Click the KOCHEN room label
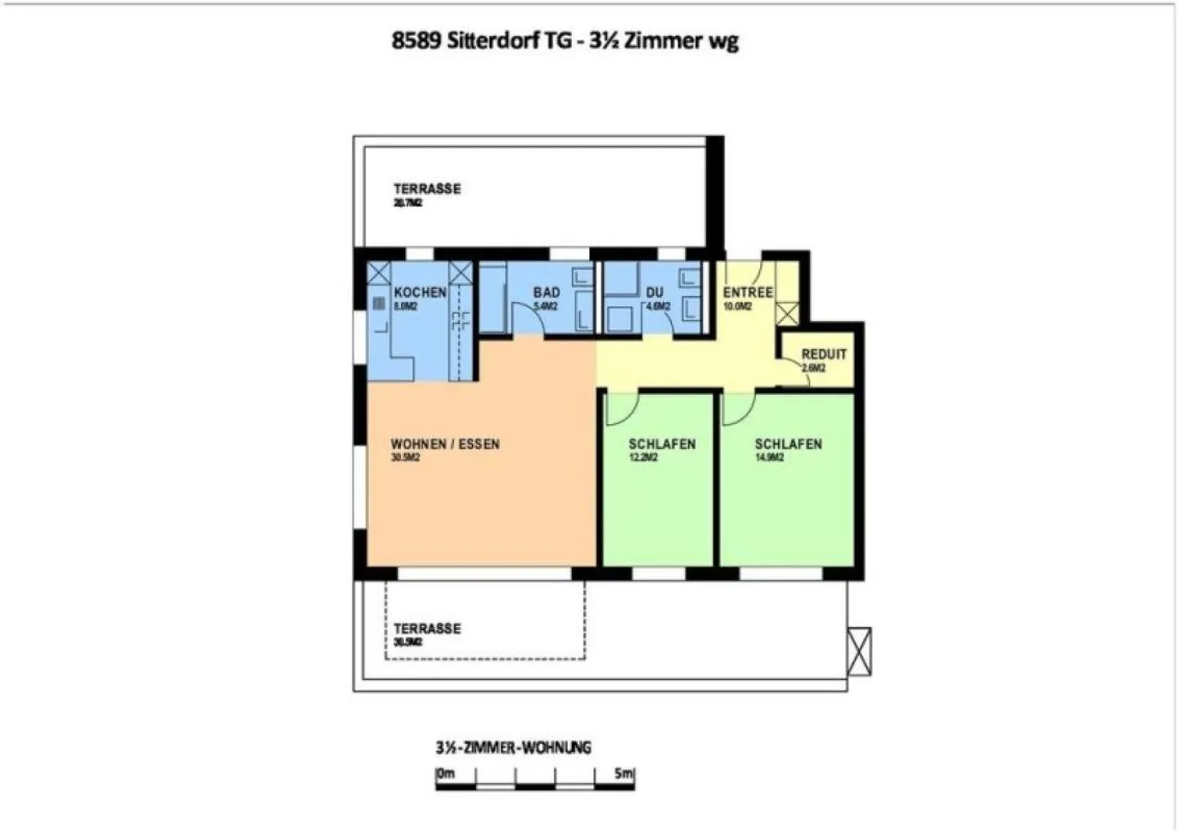420,292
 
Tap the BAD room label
546,292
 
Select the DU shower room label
654,292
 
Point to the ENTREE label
748,292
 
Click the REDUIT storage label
824,354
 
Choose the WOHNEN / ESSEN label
445,444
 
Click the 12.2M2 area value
644,458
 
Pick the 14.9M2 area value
769,458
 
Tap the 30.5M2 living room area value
406,458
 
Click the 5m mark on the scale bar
624,773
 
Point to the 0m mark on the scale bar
446,773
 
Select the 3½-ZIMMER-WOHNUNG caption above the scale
513,747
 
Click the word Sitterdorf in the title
491,41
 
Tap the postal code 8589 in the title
416,41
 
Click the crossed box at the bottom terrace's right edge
859,651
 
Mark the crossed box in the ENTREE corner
786,313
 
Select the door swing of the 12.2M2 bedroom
621,409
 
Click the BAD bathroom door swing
528,319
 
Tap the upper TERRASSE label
427,189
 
